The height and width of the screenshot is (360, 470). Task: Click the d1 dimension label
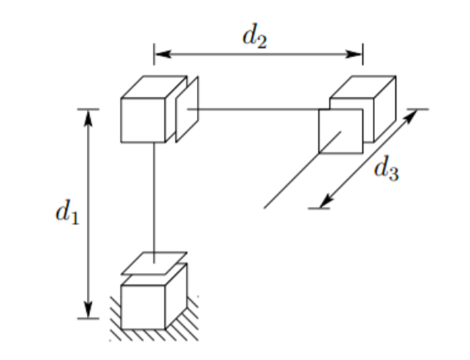(65, 213)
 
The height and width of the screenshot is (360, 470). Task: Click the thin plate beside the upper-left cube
(187, 109)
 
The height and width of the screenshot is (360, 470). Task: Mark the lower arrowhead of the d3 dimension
(325, 202)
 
